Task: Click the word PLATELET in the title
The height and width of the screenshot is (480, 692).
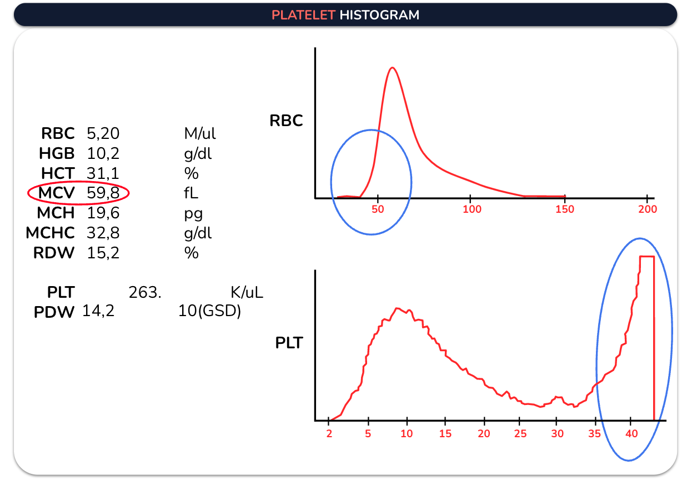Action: (303, 15)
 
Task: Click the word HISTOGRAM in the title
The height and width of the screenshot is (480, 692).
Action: (379, 15)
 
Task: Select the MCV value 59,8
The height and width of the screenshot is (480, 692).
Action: (103, 193)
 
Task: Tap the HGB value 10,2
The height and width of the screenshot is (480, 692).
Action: (103, 153)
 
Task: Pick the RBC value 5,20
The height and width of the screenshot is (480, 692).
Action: (103, 133)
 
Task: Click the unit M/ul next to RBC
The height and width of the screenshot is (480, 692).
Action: (199, 133)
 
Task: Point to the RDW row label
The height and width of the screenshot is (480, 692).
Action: (54, 253)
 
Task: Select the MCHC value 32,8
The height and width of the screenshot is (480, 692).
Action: (103, 233)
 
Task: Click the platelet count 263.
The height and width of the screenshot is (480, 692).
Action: (144, 292)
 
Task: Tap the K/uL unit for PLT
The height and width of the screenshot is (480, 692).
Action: (247, 292)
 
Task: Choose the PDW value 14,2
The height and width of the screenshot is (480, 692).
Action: (98, 311)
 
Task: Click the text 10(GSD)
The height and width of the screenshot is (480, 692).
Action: (209, 311)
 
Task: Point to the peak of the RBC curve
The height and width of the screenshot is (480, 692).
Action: (392, 68)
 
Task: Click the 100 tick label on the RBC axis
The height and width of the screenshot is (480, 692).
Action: (472, 209)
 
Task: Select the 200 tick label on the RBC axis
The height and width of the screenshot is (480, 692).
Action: (648, 209)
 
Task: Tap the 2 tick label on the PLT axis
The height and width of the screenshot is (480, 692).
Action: (329, 434)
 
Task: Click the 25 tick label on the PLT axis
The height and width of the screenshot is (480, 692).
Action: (520, 434)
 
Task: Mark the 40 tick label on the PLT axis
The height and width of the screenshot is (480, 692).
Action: (631, 434)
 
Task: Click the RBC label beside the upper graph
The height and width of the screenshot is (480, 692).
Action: (286, 121)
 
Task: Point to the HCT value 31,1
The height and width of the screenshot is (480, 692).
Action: (103, 173)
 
